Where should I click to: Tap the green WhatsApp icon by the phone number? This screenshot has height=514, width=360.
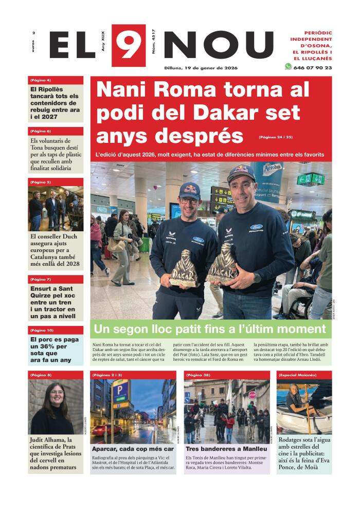point(288,67)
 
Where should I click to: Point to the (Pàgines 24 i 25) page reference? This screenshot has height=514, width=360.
point(276,137)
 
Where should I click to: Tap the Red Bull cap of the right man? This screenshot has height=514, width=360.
point(241,173)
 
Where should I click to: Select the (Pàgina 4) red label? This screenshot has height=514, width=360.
point(41,80)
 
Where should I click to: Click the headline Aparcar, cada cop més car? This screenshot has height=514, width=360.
point(133,449)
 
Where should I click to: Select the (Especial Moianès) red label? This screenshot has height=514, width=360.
point(299,375)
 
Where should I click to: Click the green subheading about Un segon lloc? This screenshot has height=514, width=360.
point(209,329)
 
